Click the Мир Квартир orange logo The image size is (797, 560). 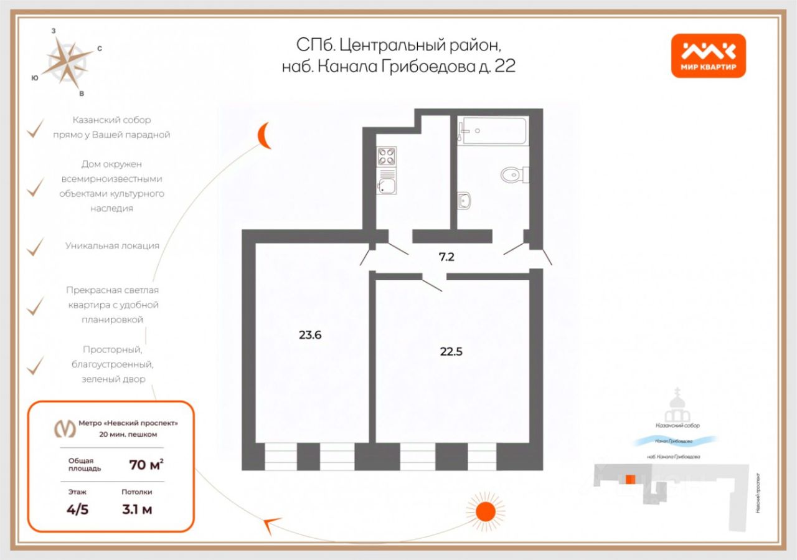point(708,55)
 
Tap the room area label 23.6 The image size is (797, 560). point(310,335)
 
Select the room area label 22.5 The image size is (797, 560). point(451,351)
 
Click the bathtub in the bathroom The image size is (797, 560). point(493,131)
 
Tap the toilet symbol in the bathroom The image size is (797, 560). point(513,174)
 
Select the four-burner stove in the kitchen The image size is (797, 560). point(387,156)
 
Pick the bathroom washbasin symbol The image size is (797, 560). point(464,200)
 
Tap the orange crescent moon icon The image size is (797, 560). point(266,135)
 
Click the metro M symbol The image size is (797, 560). point(63,428)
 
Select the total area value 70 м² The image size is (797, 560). point(146,464)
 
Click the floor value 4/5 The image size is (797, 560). point(78,509)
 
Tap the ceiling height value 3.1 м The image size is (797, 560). point(137,509)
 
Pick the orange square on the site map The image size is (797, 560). point(630,478)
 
